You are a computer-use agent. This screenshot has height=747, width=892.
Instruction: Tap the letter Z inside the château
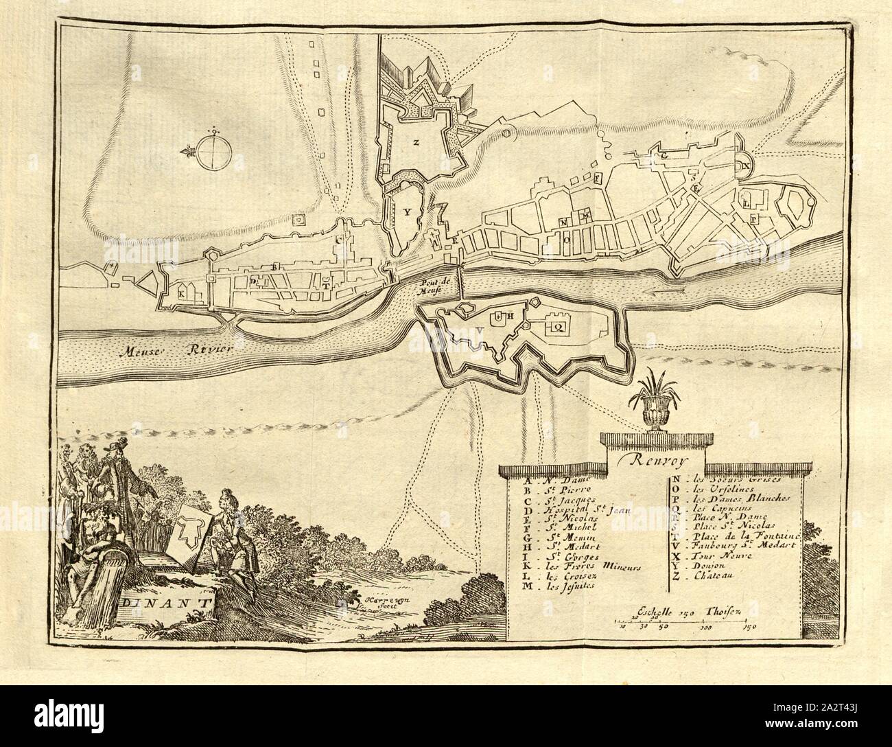click(415, 143)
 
